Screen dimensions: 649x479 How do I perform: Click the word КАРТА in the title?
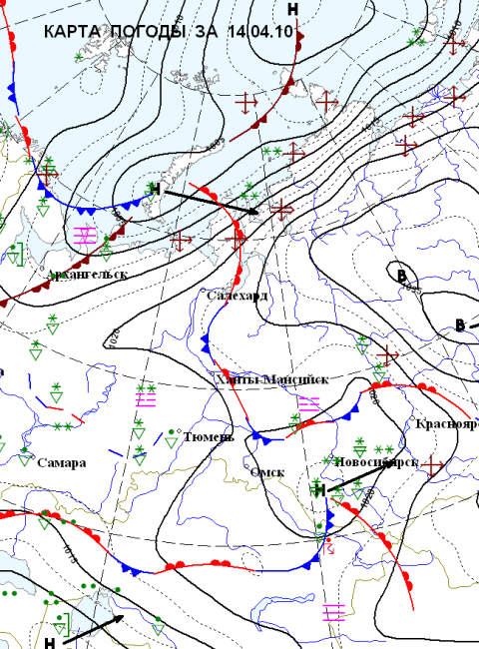click(x=71, y=32)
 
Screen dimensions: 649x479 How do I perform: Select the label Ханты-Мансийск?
click(x=257, y=379)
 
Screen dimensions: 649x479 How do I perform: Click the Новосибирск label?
click(x=370, y=462)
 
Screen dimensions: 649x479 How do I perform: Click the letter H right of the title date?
click(x=292, y=9)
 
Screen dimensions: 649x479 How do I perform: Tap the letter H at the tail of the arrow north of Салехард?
click(x=154, y=189)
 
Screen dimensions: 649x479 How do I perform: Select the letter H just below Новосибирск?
click(x=319, y=490)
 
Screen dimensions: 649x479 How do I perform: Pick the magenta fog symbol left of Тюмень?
click(x=146, y=398)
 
